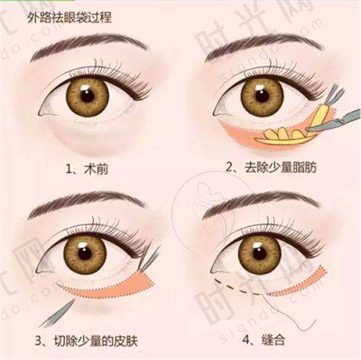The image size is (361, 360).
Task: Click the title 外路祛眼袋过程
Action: coord(69,18)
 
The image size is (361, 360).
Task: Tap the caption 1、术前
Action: coord(87,169)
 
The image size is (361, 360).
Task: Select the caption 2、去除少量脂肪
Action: coord(271,167)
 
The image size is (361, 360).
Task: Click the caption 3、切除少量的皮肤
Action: coord(87,340)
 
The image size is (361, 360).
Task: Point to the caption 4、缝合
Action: coord(264,340)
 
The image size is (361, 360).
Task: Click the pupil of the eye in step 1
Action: coord(87,95)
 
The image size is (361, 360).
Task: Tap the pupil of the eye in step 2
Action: coord(262,96)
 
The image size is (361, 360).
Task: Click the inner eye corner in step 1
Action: coord(41,113)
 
